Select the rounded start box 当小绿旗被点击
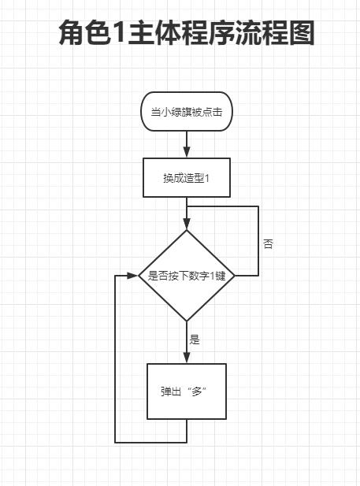[187, 113]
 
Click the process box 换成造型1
[187, 177]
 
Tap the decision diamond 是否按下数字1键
[187, 276]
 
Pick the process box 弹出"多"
[187, 391]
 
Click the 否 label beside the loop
[269, 244]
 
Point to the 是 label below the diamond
[195, 340]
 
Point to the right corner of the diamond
[234, 276]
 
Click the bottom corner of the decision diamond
[187, 321]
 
